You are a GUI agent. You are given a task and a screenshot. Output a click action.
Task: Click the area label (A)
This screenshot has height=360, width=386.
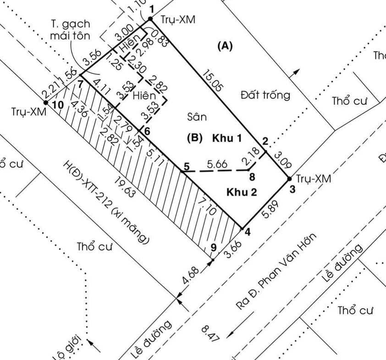225,45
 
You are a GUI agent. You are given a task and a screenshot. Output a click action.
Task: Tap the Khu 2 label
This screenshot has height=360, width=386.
241,193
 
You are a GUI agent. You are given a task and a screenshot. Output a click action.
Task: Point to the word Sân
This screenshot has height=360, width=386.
197,117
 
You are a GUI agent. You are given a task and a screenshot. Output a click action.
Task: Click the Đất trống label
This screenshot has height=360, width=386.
265,95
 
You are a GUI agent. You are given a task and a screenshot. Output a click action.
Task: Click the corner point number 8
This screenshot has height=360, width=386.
251,176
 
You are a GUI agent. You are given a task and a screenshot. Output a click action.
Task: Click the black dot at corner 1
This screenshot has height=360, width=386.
150,19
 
